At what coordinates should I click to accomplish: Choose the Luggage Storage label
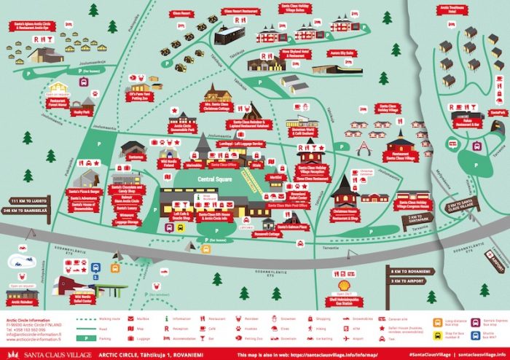point(127,223)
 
